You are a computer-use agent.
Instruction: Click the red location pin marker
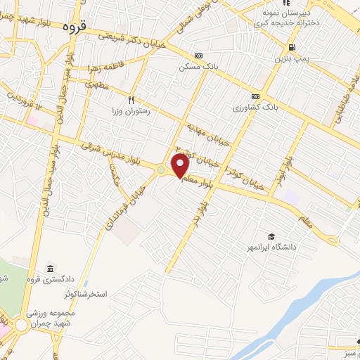[181, 165]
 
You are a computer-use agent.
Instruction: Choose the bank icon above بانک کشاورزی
[255, 97]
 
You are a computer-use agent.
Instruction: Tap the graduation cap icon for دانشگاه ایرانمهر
[271, 237]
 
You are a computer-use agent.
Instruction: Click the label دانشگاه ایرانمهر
[270, 248]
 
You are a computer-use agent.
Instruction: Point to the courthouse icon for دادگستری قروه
[51, 269]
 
